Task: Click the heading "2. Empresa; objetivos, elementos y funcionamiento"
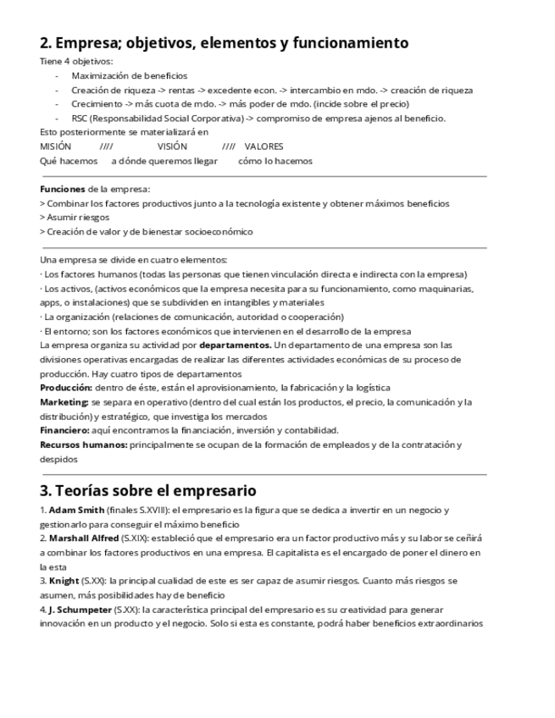pos(225,43)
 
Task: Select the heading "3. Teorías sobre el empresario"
pos(148,491)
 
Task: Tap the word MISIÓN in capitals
pos(56,146)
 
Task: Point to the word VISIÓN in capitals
pos(172,146)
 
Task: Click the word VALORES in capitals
pos(264,146)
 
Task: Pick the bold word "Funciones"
pos(63,189)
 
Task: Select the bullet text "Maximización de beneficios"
pos(129,76)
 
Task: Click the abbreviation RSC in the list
pos(80,119)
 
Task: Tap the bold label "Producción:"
pos(65,388)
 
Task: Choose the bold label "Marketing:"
pos(64,402)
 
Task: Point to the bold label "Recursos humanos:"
pos(84,445)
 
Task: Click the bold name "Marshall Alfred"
pos(83,538)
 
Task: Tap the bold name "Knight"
pos(64,581)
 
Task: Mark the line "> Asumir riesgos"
pos(75,218)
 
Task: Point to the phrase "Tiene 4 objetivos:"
pos(76,62)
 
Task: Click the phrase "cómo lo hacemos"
pos(275,161)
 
